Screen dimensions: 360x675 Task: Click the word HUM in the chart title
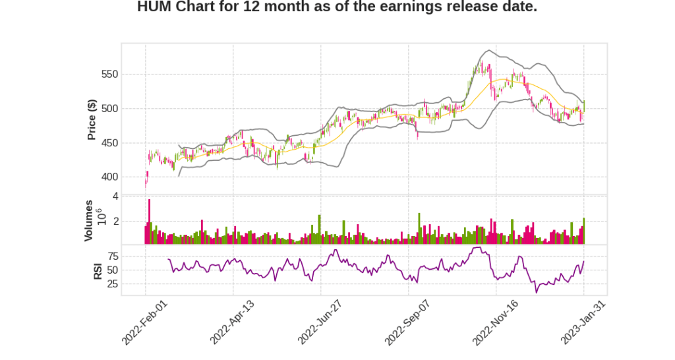154,7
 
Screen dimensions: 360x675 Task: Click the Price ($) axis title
92,119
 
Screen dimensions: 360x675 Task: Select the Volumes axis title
89,220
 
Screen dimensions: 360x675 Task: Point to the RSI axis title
98,270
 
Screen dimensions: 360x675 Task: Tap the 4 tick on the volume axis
115,196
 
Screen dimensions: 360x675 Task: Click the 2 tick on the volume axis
115,222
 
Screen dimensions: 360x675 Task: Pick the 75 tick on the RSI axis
113,256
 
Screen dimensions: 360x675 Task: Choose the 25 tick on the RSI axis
113,284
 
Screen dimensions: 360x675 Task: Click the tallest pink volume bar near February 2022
150,222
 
